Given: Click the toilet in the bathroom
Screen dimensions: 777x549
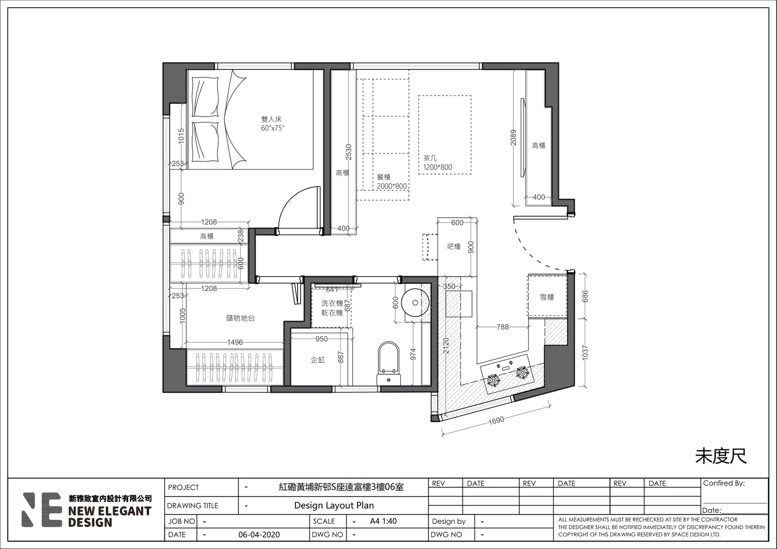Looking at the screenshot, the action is [388, 364].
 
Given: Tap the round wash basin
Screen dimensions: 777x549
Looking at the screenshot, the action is [415, 303].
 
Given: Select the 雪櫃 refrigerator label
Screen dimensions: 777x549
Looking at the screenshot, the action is [547, 297].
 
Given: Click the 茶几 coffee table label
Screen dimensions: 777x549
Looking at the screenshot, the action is [430, 158].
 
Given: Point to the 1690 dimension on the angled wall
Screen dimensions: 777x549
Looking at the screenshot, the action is [496, 420].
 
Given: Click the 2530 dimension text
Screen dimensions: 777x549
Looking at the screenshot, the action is [349, 152].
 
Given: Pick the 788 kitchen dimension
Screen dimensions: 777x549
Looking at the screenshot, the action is [503, 326].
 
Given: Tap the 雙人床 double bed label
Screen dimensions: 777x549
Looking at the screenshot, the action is [271, 120].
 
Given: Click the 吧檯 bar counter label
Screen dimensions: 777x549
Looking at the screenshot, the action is [454, 247].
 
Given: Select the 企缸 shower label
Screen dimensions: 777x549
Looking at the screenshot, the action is [318, 360].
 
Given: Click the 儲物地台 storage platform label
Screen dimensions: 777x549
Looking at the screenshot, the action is [240, 318].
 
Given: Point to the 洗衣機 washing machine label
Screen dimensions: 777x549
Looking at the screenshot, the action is [332, 303].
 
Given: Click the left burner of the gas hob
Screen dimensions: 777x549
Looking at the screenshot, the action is [492, 380].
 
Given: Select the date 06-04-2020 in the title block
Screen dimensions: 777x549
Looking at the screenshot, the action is [259, 535].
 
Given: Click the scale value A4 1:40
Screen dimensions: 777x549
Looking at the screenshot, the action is [383, 521].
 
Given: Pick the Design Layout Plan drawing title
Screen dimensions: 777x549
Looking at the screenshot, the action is [334, 505].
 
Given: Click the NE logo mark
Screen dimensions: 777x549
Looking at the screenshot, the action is [42, 510].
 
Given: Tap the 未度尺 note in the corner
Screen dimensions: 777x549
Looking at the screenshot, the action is [721, 456].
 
